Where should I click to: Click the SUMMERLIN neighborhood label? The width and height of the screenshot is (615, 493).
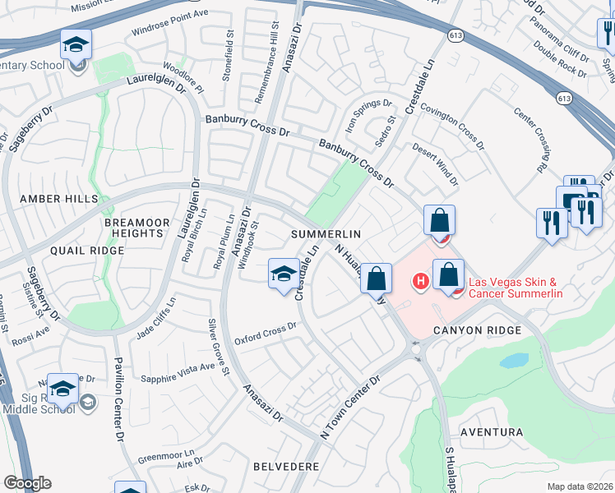(x=326, y=234)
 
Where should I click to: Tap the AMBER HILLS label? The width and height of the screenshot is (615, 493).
(x=58, y=199)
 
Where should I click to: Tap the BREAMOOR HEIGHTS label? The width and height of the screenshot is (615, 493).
(x=133, y=228)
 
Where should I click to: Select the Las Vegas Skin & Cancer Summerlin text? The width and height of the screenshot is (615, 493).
(x=516, y=288)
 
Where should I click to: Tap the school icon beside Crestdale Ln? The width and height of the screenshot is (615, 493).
(x=283, y=274)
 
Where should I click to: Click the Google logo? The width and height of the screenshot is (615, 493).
(x=28, y=483)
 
